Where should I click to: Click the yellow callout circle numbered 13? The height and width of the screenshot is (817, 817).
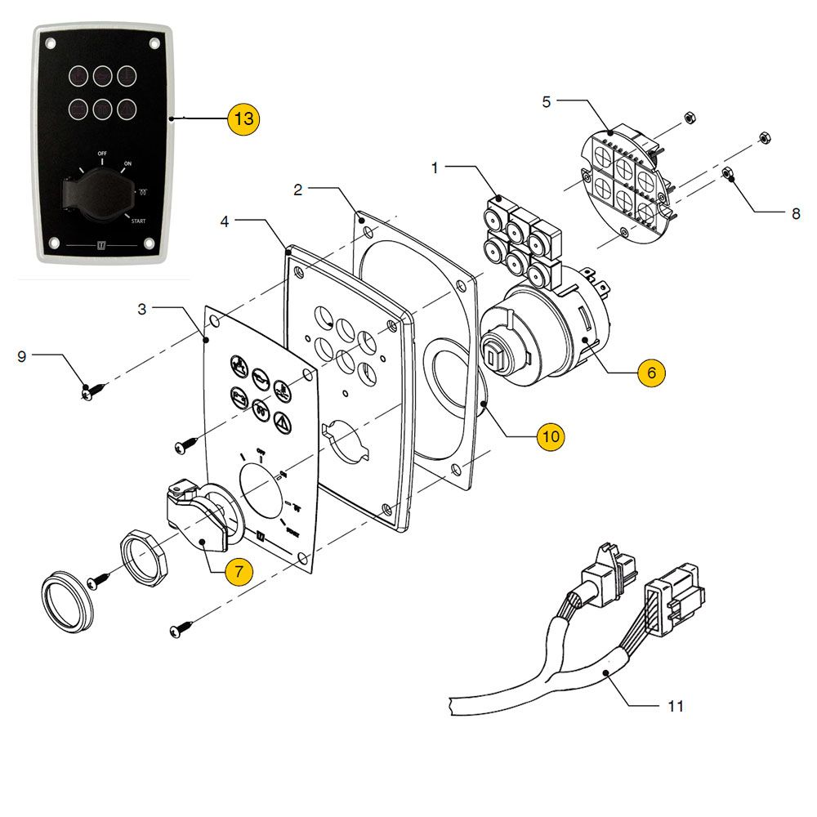click(243, 119)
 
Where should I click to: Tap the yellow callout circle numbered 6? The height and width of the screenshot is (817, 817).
click(651, 373)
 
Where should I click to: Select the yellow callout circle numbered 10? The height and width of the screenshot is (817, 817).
click(551, 436)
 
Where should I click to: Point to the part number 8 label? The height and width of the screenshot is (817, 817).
click(796, 215)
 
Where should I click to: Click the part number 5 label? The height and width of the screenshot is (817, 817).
click(547, 102)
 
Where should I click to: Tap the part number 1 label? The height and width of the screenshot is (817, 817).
click(435, 168)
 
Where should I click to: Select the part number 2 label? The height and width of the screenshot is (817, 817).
click(298, 190)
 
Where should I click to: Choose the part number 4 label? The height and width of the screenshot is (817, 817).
click(225, 221)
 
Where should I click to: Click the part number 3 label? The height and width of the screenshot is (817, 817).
click(142, 309)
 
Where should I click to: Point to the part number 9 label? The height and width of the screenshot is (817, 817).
click(22, 356)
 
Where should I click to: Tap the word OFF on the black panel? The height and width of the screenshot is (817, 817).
click(102, 154)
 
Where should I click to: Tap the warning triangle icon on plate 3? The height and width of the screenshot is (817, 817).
click(282, 422)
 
